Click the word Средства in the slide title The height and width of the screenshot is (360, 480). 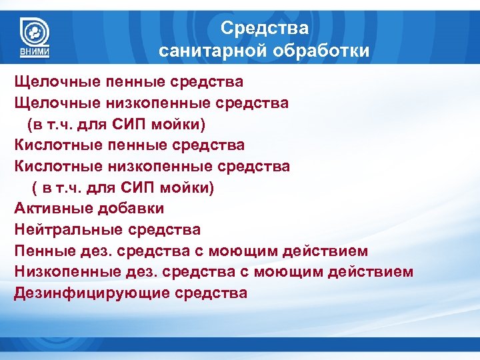point(264,28)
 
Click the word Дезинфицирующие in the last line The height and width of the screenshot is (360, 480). point(92,293)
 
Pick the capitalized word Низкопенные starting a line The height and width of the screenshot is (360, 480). point(59,272)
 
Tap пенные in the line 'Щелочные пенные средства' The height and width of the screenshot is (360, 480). point(122,82)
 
